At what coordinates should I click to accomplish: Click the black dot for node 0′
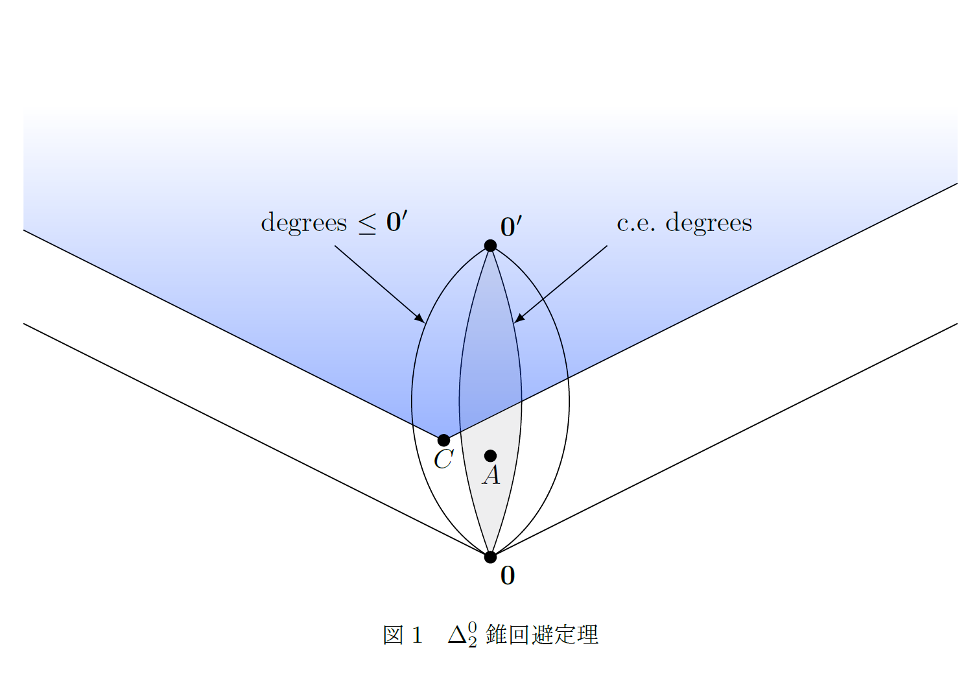pos(490,245)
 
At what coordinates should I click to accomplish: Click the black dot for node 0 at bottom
pos(490,557)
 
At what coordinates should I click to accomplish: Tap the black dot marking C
pos(443,440)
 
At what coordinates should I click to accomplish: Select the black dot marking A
pos(490,455)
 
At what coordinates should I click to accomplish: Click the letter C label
pos(443,460)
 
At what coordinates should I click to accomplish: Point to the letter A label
pos(491,476)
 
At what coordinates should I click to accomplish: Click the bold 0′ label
pos(511,226)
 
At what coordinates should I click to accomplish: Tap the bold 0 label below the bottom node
pos(508,575)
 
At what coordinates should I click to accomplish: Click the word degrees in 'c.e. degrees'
pos(709,223)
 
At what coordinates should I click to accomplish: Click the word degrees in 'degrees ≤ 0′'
pos(303,223)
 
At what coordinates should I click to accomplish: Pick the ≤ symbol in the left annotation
pos(367,224)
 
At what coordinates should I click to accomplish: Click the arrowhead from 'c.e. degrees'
pos(519,319)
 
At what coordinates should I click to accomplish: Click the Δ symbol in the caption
pos(456,635)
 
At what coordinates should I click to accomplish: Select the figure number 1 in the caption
pos(416,635)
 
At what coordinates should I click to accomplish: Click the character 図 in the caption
pos(393,635)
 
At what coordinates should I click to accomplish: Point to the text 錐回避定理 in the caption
pos(541,634)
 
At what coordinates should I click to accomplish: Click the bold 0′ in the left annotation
pos(396,222)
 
